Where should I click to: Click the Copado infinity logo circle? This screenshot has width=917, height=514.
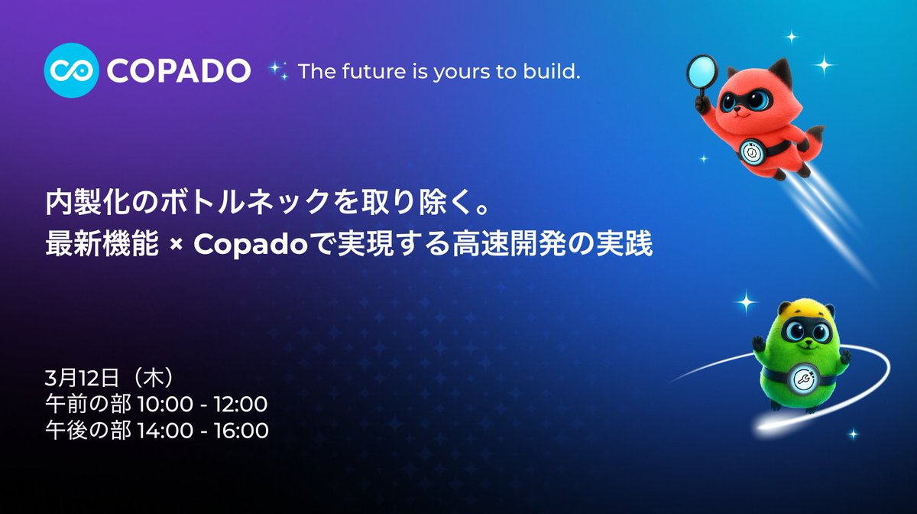point(72,71)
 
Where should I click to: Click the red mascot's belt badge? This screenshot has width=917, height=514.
point(750,152)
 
